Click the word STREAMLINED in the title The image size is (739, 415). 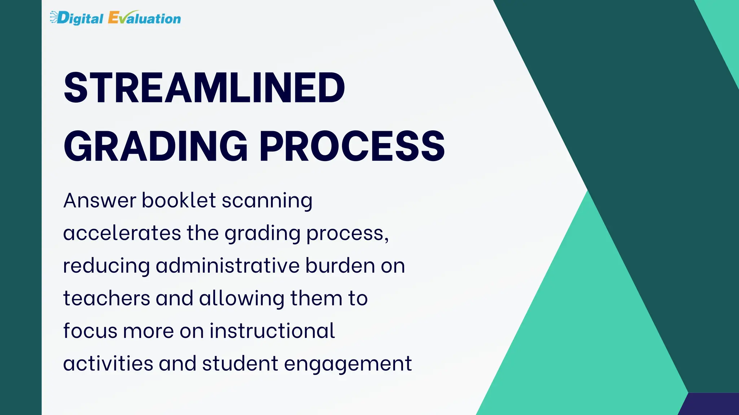click(x=204, y=88)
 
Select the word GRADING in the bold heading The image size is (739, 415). click(x=156, y=146)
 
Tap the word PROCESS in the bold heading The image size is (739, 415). click(x=352, y=146)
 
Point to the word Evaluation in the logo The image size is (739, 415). click(x=144, y=18)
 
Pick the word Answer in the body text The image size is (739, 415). click(x=100, y=200)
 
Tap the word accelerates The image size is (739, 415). click(x=122, y=233)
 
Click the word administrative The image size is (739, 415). click(x=228, y=265)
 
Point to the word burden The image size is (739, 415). click(x=340, y=265)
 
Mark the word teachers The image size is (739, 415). click(x=106, y=299)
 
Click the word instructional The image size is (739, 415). click(x=272, y=331)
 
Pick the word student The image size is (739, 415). click(x=240, y=363)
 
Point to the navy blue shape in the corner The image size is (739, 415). click(x=713, y=405)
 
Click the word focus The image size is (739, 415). click(x=90, y=331)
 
